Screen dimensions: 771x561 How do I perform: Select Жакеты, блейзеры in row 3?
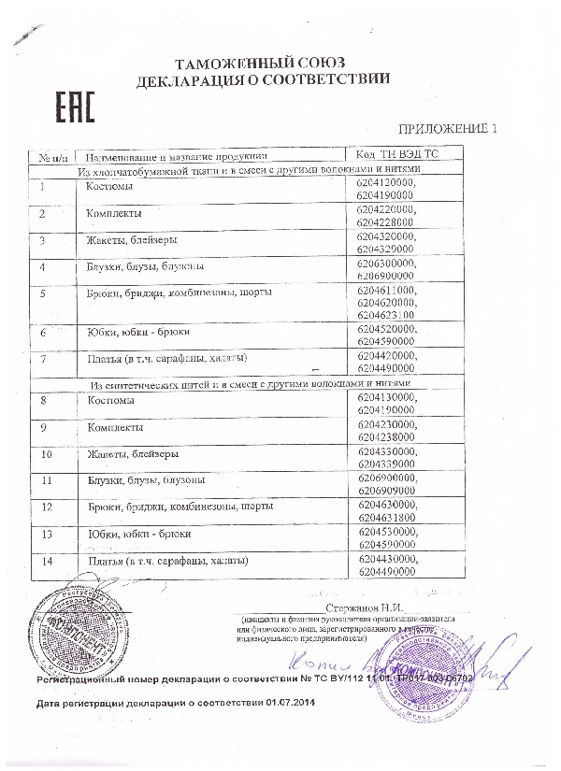click(x=130, y=240)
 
